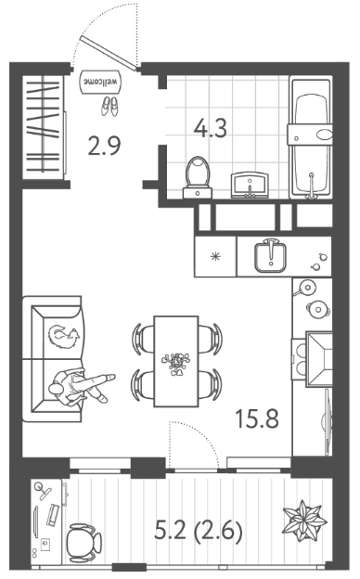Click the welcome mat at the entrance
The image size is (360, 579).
pyautogui.click(x=100, y=82)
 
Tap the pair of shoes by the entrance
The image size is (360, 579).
pyautogui.click(x=109, y=107)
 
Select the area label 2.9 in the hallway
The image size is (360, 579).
pyautogui.click(x=105, y=146)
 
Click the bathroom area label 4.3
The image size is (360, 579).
pyautogui.click(x=211, y=128)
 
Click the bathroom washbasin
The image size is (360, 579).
pyautogui.click(x=250, y=186)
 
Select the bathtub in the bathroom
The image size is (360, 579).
pyautogui.click(x=311, y=137)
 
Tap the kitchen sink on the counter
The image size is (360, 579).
pyautogui.click(x=271, y=256)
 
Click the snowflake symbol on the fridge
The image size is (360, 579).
pyautogui.click(x=215, y=256)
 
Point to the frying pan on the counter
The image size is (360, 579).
pyautogui.click(x=305, y=288)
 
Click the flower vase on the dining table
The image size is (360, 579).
pyautogui.click(x=177, y=363)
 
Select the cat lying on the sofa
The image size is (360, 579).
pyautogui.click(x=64, y=337)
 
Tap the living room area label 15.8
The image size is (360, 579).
pyautogui.click(x=257, y=419)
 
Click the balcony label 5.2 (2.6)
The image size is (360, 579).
pyautogui.click(x=199, y=532)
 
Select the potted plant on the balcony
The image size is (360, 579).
pyautogui.click(x=304, y=521)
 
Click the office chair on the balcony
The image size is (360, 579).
pyautogui.click(x=84, y=543)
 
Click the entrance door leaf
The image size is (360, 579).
pyautogui.click(x=109, y=53)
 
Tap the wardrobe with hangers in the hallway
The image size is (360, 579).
pyautogui.click(x=44, y=127)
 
